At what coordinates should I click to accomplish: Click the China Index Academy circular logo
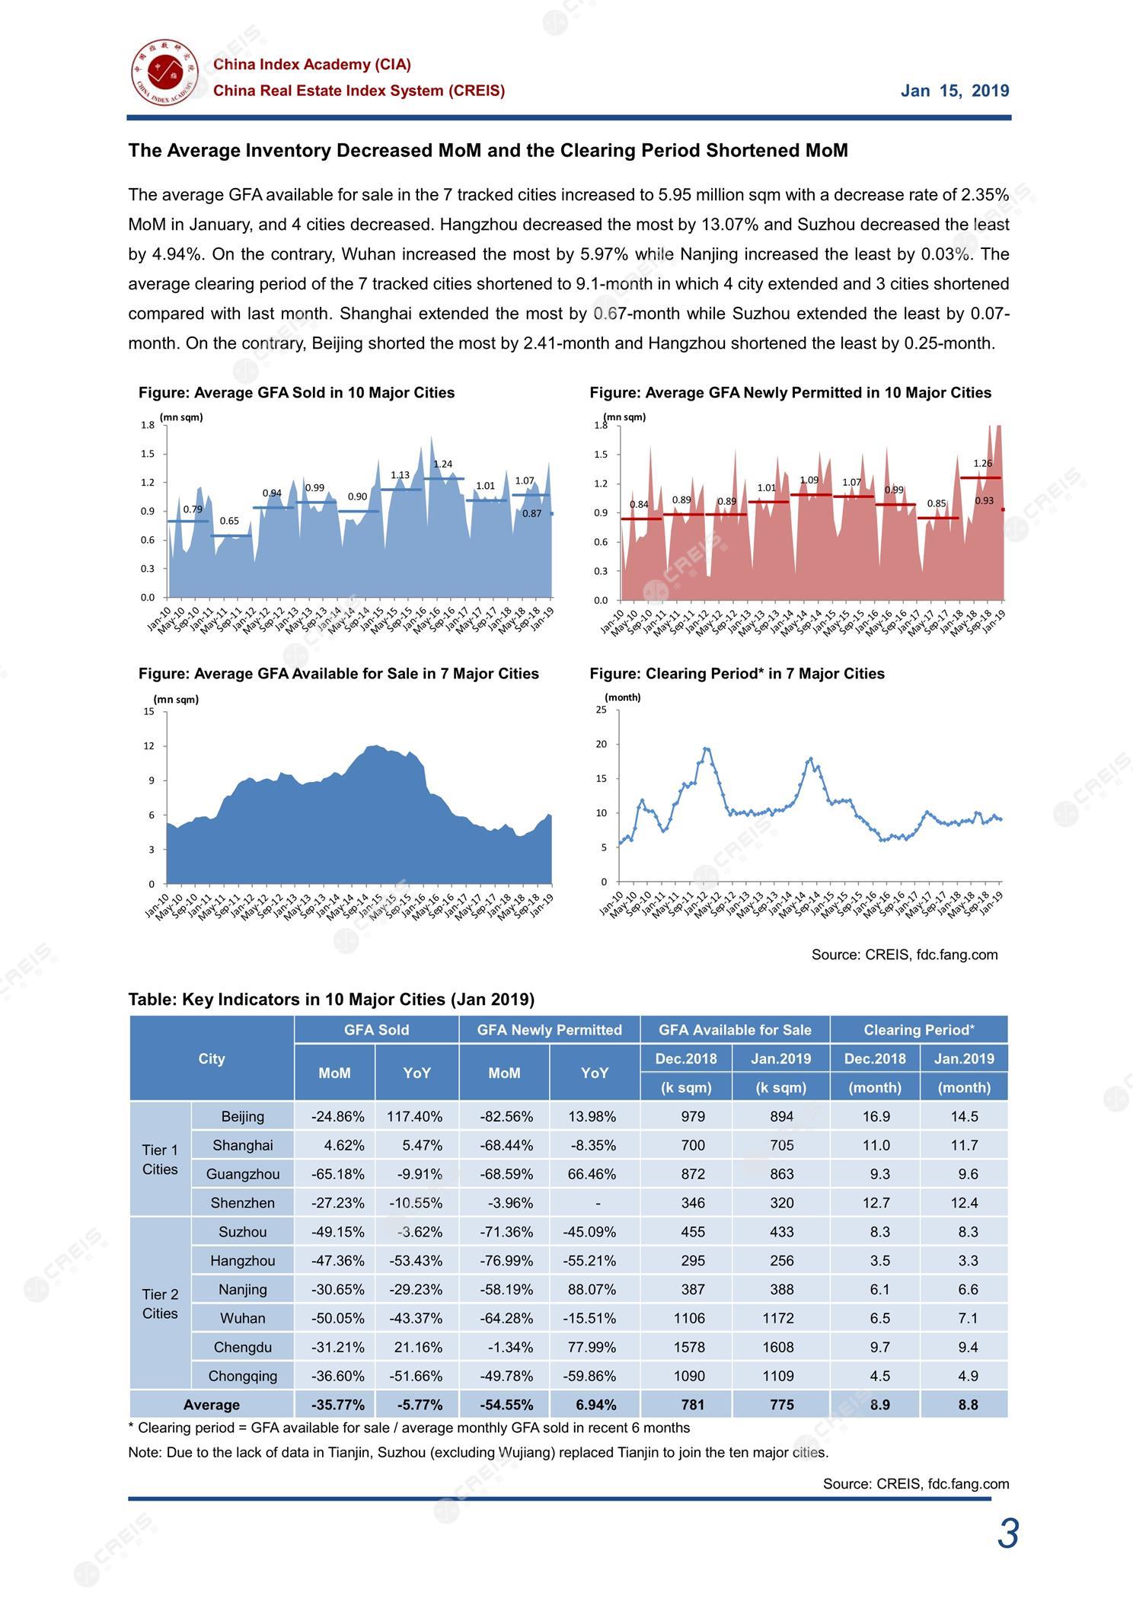point(164,74)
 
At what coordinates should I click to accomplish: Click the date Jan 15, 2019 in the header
point(955,91)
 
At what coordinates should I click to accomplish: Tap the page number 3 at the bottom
point(1007,1533)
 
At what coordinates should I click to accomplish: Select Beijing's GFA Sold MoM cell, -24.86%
point(337,1116)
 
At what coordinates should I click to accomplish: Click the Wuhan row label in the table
point(242,1318)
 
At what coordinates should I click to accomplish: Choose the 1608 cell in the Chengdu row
point(781,1347)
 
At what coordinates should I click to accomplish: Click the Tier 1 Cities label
point(160,1159)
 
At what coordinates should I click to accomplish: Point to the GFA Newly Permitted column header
point(549,1030)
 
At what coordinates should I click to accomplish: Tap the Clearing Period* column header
point(918,1030)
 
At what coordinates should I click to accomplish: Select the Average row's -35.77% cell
point(337,1405)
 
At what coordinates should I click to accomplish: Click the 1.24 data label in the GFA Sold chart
point(442,464)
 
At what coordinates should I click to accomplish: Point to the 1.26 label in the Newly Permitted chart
point(982,464)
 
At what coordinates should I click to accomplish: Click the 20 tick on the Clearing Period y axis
point(602,744)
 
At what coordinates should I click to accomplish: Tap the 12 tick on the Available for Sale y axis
point(149,746)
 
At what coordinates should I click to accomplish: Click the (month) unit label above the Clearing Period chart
point(622,697)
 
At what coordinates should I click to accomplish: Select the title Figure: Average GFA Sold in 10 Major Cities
point(296,393)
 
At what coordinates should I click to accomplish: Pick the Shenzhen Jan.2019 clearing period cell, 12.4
point(967,1203)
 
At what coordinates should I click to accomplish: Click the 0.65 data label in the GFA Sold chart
point(229,522)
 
